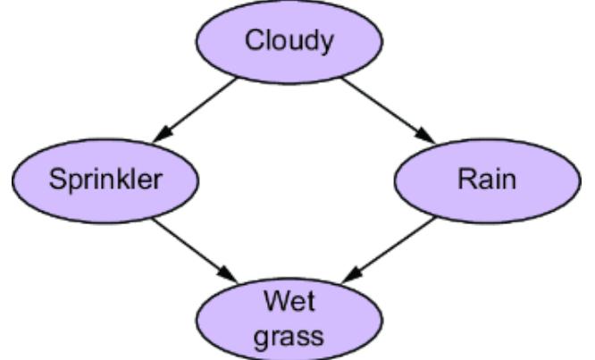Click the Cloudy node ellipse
tap(289, 40)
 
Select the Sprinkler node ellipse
tap(105, 180)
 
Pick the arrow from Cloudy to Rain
tap(386, 109)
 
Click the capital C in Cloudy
tap(253, 41)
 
